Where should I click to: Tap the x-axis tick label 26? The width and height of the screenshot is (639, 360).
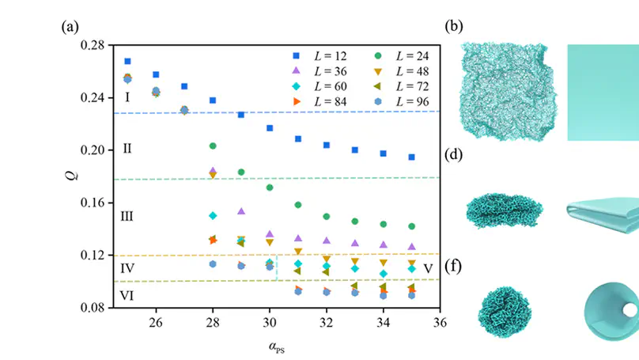click(x=156, y=323)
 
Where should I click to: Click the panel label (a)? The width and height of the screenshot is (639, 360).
click(x=70, y=26)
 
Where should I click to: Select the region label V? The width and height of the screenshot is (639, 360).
click(x=427, y=268)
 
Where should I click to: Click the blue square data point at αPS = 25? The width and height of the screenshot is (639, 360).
click(x=127, y=61)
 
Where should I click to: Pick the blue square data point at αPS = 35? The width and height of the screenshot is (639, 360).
click(x=411, y=157)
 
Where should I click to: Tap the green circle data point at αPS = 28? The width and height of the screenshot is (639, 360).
click(x=213, y=146)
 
